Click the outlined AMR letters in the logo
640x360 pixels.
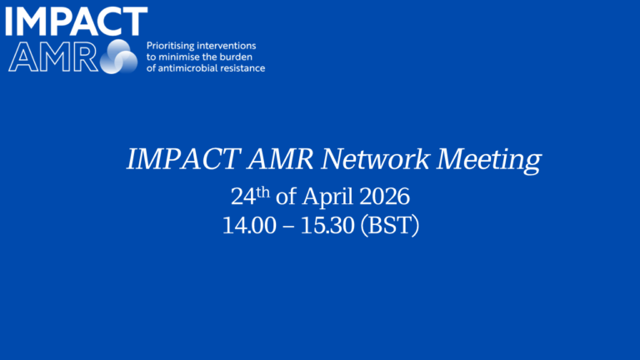coord(52,56)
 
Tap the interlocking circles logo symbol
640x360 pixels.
coord(118,57)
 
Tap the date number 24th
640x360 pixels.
coord(247,198)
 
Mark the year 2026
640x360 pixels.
coord(386,198)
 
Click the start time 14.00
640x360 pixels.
coord(248,225)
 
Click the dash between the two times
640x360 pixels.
coord(287,226)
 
